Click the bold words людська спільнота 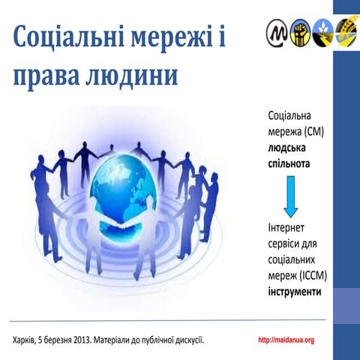[291, 154]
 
